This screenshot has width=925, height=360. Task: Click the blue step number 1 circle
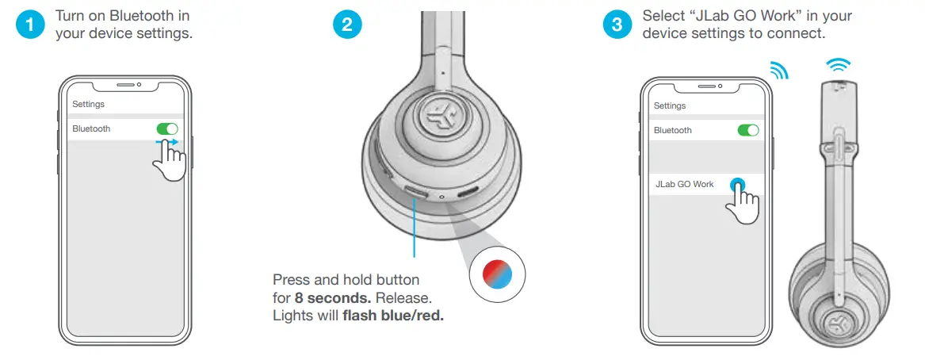(x=30, y=25)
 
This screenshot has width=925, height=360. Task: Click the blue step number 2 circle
(x=346, y=25)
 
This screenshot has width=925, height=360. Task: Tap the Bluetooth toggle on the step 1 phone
(x=167, y=128)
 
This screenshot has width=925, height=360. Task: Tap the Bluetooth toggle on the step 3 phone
(x=747, y=130)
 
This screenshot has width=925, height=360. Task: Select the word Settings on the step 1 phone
(x=88, y=104)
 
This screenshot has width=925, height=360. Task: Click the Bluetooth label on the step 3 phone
(x=672, y=130)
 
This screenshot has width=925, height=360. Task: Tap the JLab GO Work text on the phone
(x=684, y=184)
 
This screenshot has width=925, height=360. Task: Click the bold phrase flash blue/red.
(x=393, y=316)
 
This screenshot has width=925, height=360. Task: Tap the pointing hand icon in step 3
(x=743, y=204)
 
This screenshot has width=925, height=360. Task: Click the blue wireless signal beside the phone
(x=779, y=71)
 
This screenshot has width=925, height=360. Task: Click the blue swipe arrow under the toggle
(x=167, y=143)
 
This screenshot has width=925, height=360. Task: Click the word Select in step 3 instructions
(x=661, y=16)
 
